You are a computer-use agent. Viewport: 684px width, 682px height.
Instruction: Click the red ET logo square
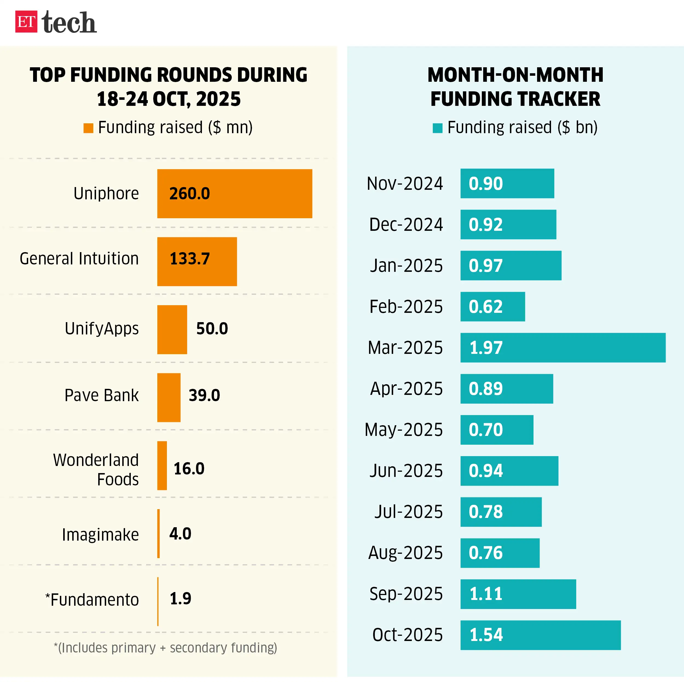click(26, 22)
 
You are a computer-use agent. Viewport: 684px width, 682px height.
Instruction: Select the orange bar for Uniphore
click(234, 194)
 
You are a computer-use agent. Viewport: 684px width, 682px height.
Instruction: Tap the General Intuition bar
click(197, 261)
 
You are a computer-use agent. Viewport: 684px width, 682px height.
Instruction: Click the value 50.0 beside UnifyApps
click(212, 329)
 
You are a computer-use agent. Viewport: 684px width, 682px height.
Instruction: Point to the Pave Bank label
click(102, 395)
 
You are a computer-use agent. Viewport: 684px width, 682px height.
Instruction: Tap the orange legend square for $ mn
click(88, 128)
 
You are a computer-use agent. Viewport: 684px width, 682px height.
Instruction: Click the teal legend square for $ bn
click(437, 128)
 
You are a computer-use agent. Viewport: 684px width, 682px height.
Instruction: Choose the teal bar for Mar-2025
click(563, 348)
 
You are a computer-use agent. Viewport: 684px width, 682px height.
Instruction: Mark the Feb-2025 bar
click(492, 307)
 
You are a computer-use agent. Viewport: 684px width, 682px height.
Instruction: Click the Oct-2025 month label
click(407, 635)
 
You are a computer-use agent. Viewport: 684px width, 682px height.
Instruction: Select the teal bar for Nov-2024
click(507, 183)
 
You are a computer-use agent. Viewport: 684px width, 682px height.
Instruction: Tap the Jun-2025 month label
click(406, 471)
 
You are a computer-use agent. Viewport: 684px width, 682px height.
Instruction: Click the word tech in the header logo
click(69, 22)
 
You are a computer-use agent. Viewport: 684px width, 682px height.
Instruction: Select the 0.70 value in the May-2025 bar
click(486, 430)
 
